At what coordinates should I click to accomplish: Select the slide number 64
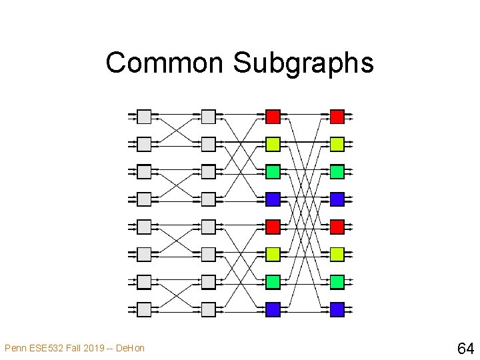(x=465, y=348)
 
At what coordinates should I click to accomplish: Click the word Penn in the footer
(x=15, y=348)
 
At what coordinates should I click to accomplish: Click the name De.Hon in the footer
(x=130, y=348)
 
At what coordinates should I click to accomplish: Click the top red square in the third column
(x=273, y=117)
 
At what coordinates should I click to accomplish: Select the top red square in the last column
(x=337, y=117)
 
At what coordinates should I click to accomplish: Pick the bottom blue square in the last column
(x=337, y=309)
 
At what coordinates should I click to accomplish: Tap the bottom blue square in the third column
(x=273, y=309)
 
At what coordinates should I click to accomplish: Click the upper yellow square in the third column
(x=273, y=144)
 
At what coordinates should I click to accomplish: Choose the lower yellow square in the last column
(x=337, y=254)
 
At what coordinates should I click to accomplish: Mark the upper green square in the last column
(x=337, y=171)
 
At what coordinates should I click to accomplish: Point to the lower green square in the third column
(x=273, y=282)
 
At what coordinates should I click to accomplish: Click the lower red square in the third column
(x=273, y=227)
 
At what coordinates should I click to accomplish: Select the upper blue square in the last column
(x=337, y=199)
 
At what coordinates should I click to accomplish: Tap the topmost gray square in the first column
(x=144, y=117)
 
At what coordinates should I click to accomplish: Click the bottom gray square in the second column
(x=209, y=309)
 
